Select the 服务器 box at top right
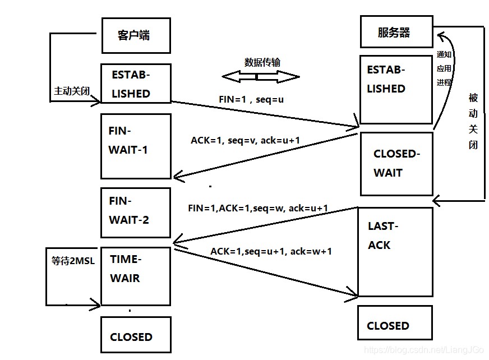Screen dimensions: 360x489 tap(395, 32)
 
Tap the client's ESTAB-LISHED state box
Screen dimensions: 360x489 tap(135, 84)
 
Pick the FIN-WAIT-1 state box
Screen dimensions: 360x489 tap(135, 146)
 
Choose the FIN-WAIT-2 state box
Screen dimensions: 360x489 tap(135, 213)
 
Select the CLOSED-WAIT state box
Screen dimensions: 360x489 tap(396, 164)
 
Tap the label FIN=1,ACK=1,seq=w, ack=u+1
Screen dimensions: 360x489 tap(258, 208)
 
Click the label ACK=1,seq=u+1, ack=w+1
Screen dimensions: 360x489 tap(271, 251)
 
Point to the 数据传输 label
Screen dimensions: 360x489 tap(262, 62)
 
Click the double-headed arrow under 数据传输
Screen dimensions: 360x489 tap(261, 76)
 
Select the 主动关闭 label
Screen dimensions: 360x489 tap(71, 91)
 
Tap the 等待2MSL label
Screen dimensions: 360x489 tap(73, 261)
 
